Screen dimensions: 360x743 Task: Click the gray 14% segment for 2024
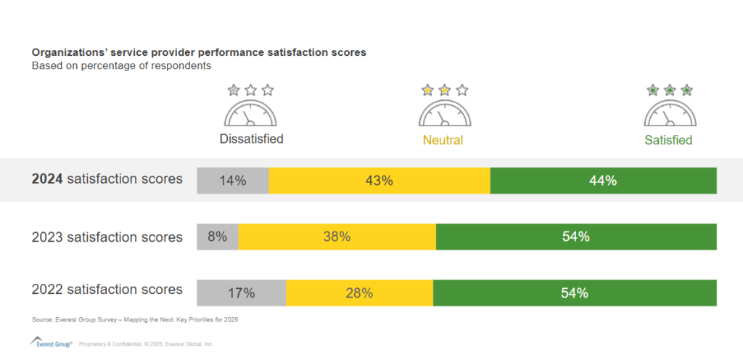(x=233, y=181)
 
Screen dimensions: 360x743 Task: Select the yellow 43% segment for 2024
(x=379, y=181)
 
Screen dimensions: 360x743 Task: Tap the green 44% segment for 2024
(x=603, y=181)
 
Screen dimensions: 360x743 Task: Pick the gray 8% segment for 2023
(x=218, y=237)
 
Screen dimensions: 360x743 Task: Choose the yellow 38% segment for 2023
(x=337, y=237)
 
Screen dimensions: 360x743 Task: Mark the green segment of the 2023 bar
(x=576, y=237)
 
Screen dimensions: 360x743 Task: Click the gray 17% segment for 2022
(x=242, y=292)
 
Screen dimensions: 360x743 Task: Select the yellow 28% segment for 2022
(x=359, y=292)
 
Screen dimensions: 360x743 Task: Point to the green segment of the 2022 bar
(x=575, y=292)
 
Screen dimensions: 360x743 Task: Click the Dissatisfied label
(x=251, y=139)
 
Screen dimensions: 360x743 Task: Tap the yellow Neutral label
(x=443, y=140)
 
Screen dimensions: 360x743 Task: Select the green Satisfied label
(x=668, y=140)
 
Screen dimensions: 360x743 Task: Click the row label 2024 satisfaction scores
(x=107, y=179)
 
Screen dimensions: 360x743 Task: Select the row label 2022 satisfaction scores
(x=107, y=290)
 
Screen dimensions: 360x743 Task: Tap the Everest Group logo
(x=51, y=342)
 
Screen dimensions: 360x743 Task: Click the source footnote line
(x=135, y=319)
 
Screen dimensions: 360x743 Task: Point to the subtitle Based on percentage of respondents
(x=121, y=66)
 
